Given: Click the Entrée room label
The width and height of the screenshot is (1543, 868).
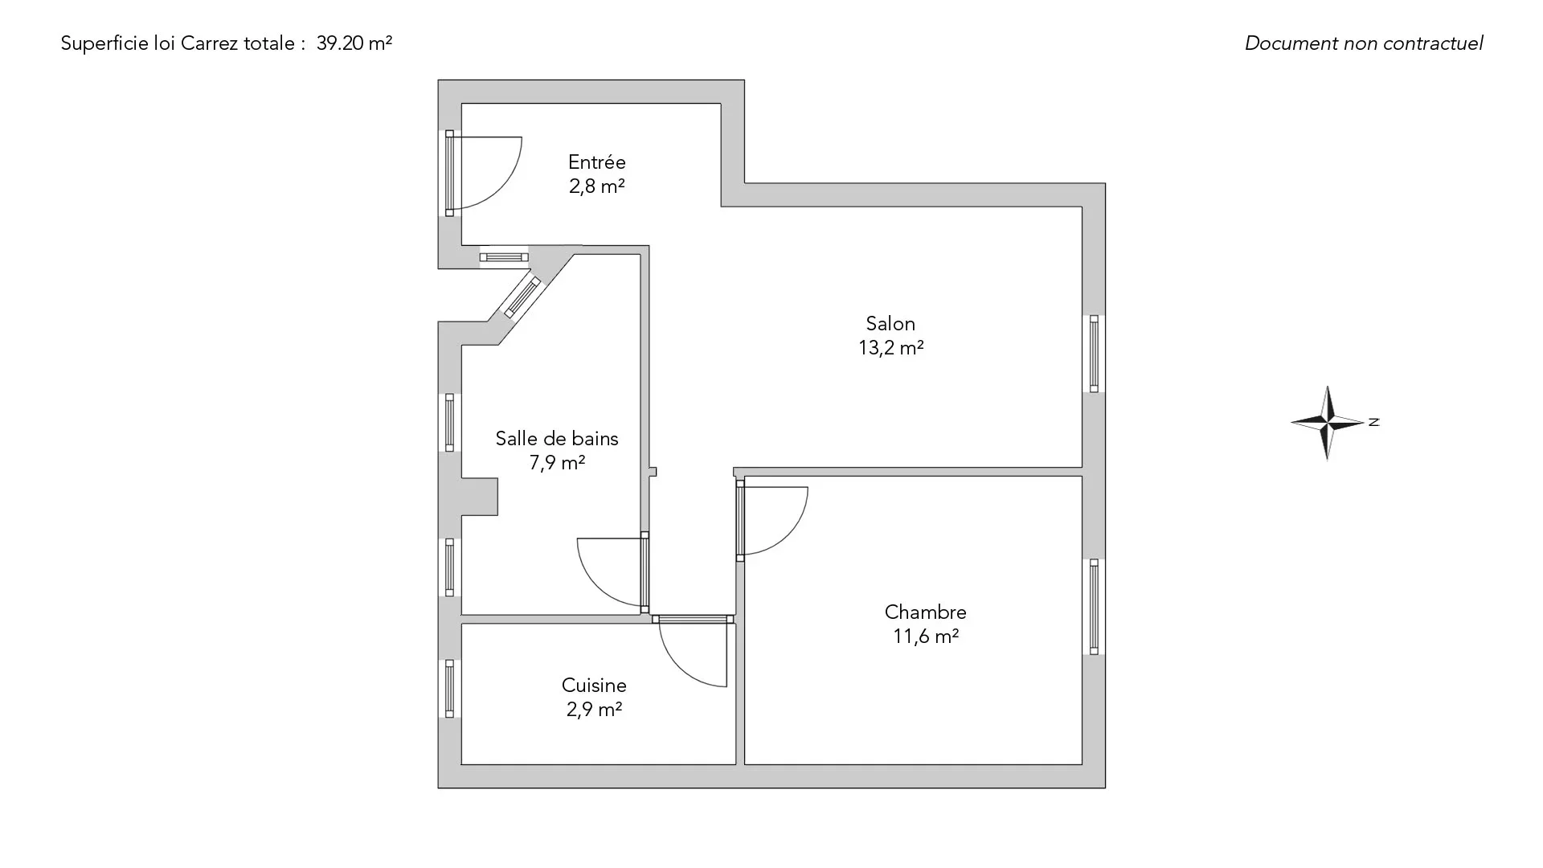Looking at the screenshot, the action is pyautogui.click(x=596, y=162).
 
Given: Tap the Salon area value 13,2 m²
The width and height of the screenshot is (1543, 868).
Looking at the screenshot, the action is pyautogui.click(x=890, y=348).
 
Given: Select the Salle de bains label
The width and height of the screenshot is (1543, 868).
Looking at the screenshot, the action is pyautogui.click(x=557, y=439).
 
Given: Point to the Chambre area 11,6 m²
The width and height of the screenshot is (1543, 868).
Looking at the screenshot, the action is pyautogui.click(x=926, y=637).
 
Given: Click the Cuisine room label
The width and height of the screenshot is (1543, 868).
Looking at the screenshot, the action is pyautogui.click(x=594, y=686).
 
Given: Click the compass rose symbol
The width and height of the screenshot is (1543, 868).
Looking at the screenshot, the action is pyautogui.click(x=1327, y=423).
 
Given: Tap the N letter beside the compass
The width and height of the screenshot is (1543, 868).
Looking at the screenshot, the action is pyautogui.click(x=1374, y=422).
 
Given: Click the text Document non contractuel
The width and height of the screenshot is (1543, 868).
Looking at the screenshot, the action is pyautogui.click(x=1364, y=43).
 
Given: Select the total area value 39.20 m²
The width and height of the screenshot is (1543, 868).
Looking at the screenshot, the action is pyautogui.click(x=354, y=43).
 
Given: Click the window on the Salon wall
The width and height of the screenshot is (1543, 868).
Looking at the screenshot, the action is pyautogui.click(x=1094, y=354).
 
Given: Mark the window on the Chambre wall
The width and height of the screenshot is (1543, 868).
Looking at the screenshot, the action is pyautogui.click(x=1094, y=607).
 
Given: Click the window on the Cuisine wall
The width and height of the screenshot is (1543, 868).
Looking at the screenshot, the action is pyautogui.click(x=449, y=688).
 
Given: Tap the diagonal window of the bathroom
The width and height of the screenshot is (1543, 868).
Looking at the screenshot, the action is pyautogui.click(x=522, y=297).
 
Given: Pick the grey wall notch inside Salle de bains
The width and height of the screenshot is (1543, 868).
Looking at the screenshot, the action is pyautogui.click(x=480, y=496).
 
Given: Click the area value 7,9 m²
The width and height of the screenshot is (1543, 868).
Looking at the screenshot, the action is pyautogui.click(x=557, y=463).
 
